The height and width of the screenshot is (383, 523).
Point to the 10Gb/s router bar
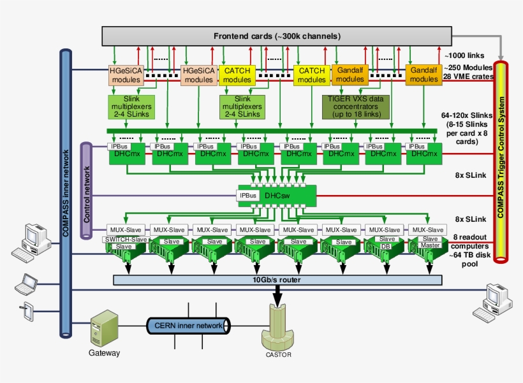point(277,280)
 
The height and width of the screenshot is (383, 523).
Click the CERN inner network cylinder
point(188,326)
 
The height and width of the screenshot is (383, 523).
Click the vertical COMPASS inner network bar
point(66,191)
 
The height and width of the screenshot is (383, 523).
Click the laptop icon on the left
point(27,284)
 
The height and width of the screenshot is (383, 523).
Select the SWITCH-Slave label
point(125,239)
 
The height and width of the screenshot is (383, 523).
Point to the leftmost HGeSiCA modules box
point(126,75)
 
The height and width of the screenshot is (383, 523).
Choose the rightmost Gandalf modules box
point(424,75)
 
